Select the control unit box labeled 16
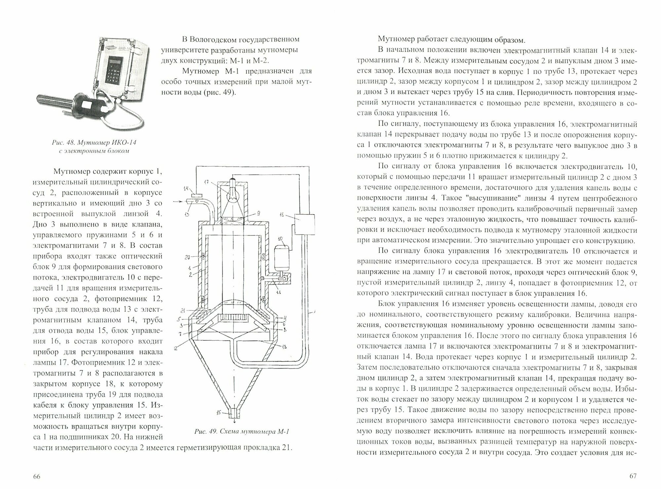tap(304, 224)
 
